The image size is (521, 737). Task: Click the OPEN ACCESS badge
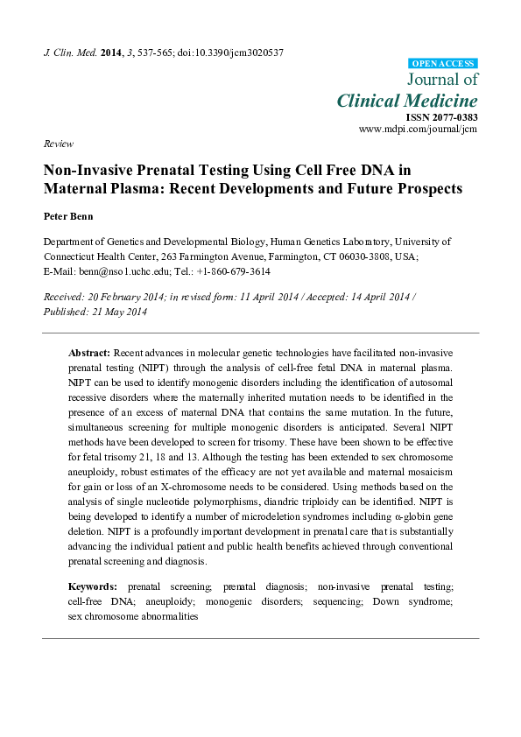(443, 63)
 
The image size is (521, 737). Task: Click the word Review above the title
(59, 144)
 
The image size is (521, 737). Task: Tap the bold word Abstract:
(90, 351)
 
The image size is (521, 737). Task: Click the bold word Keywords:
(93, 586)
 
